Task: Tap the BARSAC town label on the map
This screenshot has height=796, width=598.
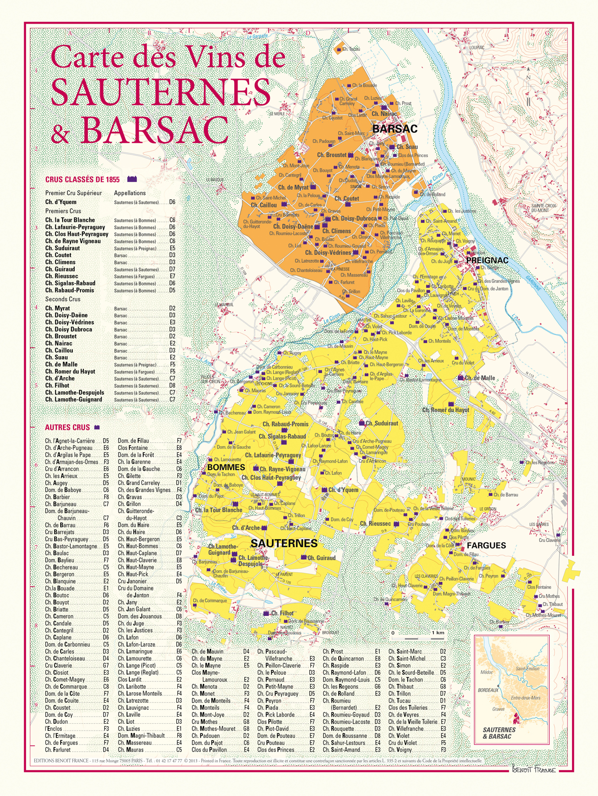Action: (395, 129)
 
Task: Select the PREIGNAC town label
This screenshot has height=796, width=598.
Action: (487, 260)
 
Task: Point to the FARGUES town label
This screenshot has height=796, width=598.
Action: (486, 545)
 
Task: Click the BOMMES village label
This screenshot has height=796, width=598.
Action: (226, 467)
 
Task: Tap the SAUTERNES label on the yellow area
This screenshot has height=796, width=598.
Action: (284, 543)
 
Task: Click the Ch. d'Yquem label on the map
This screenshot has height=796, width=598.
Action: (344, 490)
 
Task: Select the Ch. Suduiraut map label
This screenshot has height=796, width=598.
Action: (382, 424)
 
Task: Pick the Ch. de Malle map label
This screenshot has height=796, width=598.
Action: (479, 378)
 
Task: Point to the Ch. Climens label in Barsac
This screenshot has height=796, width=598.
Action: (336, 231)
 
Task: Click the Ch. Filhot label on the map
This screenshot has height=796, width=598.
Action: (282, 613)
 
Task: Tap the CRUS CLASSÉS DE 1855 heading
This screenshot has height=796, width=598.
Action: (82, 180)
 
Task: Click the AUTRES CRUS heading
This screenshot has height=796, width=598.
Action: (67, 427)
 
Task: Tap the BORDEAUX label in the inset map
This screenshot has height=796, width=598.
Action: (488, 690)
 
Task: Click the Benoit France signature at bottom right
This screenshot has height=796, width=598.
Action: (533, 770)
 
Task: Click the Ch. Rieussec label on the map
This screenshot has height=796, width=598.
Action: (375, 524)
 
